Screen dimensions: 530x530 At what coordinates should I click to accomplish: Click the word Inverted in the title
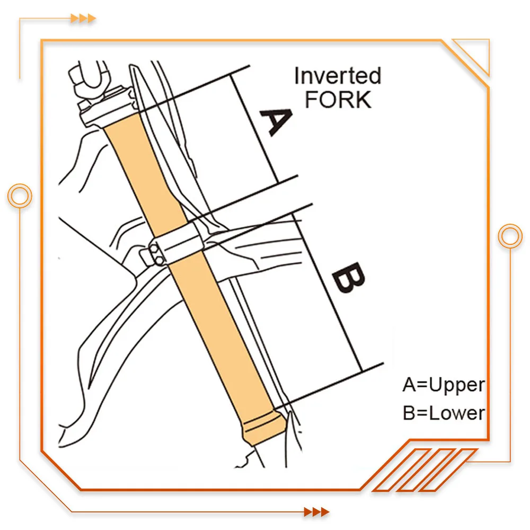[338, 76]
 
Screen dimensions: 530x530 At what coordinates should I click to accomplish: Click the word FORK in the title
[338, 100]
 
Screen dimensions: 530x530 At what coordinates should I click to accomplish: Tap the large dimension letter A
[276, 122]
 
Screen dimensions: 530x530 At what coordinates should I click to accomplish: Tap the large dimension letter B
[349, 277]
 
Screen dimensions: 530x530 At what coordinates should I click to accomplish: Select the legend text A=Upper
[444, 385]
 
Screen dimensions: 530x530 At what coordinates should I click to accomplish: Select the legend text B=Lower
[444, 413]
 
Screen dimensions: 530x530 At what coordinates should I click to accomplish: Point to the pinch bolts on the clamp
[156, 255]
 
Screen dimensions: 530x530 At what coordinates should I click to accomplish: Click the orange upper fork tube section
[145, 172]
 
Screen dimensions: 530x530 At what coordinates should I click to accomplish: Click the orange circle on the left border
[20, 196]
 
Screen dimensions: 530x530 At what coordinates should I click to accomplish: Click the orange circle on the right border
[510, 236]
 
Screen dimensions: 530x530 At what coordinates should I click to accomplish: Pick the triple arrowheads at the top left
[83, 18]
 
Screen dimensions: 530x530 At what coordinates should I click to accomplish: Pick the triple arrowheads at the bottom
[316, 512]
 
